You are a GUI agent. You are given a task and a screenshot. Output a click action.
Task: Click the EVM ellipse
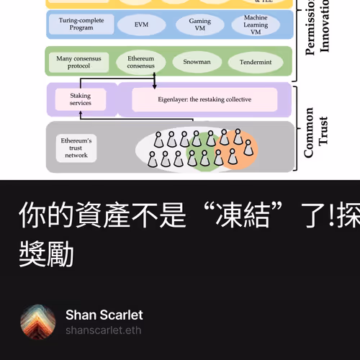141,24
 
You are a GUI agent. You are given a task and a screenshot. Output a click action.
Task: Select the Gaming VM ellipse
199,24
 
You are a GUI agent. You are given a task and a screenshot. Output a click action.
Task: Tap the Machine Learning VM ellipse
255,24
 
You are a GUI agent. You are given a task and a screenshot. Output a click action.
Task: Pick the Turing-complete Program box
81,24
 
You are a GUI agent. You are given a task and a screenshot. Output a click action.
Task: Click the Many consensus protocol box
79,62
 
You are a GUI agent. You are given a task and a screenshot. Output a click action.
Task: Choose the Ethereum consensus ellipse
140,62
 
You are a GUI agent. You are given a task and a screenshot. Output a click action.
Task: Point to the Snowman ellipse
197,62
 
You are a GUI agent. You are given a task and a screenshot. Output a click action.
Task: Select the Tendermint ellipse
256,62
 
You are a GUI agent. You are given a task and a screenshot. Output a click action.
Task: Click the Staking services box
80,99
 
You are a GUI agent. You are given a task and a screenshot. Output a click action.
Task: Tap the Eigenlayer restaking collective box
204,99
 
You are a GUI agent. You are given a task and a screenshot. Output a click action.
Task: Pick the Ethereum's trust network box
76,147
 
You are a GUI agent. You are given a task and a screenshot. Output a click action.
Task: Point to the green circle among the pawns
202,151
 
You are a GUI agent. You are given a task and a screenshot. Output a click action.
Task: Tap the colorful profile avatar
38,322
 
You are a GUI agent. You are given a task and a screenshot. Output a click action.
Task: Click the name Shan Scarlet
104,315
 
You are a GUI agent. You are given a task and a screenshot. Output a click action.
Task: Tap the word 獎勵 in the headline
46,253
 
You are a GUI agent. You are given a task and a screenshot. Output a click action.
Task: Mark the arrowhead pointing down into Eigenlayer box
154,86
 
